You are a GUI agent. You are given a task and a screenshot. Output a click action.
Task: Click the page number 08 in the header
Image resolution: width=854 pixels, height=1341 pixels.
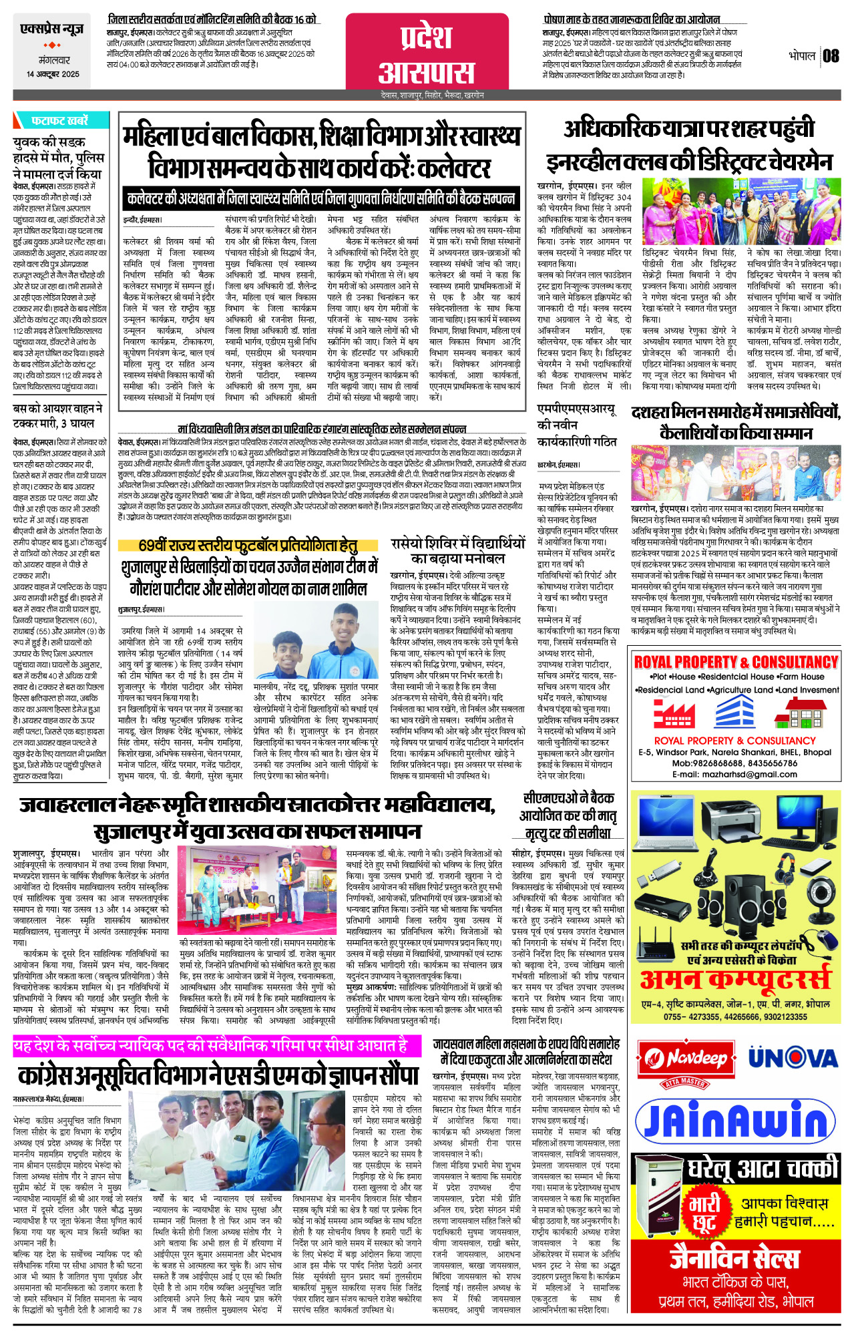click(x=831, y=55)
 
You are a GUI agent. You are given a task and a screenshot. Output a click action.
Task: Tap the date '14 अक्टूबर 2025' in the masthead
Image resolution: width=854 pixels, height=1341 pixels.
click(x=53, y=74)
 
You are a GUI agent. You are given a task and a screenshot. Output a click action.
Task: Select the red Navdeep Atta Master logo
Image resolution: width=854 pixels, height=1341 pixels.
click(x=685, y=1061)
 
